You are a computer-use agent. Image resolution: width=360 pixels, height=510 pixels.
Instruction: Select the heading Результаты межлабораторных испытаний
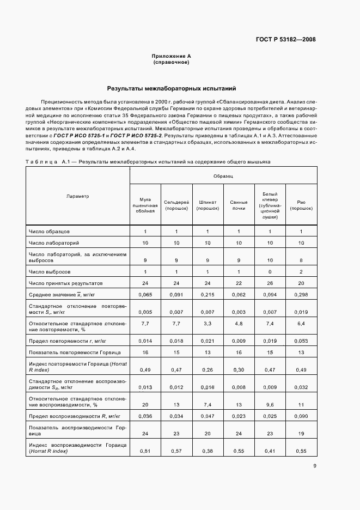pos(172,88)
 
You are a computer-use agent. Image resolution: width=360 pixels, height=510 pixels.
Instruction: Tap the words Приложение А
pos(171,56)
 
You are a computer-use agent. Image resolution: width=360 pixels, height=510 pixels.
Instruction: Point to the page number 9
pos(315,465)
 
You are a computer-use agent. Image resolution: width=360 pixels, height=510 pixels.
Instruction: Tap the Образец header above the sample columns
pos(223,177)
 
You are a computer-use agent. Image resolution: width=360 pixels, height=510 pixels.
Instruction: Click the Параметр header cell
pos(77,196)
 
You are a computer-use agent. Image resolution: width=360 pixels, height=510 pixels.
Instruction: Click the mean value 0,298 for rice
pos(301,296)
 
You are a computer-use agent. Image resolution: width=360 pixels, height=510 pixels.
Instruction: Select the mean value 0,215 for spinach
pos(208,296)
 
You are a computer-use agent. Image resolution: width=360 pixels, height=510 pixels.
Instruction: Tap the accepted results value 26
pos(270,283)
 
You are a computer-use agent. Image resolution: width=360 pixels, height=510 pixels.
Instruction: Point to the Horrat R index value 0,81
pos(145,452)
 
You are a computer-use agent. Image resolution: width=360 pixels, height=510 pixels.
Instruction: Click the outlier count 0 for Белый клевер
pos(270,271)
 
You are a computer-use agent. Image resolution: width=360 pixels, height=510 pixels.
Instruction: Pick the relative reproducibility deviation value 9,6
pos(270,405)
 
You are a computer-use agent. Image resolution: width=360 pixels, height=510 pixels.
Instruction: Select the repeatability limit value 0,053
pos(301,341)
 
